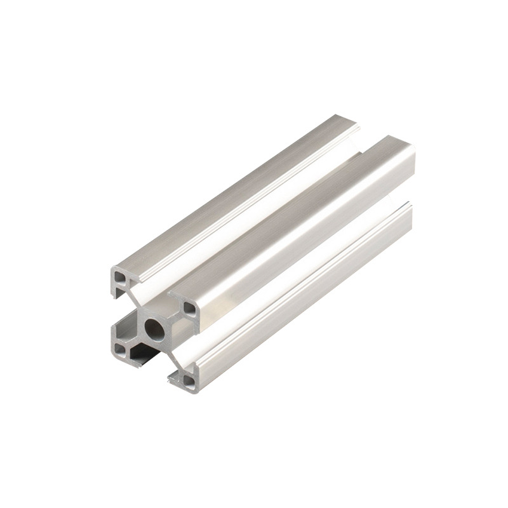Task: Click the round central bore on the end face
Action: pos(154,330)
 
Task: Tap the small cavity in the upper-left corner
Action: pos(120,277)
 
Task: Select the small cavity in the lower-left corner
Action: pos(120,350)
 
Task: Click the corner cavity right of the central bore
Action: pos(189,309)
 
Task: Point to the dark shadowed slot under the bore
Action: pos(141,354)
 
